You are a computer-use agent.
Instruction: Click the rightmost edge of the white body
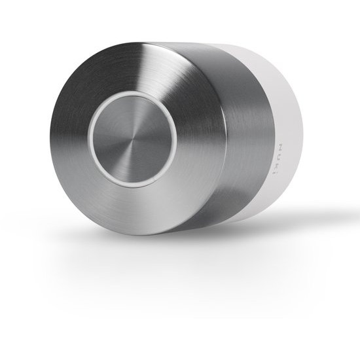click(303, 131)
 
